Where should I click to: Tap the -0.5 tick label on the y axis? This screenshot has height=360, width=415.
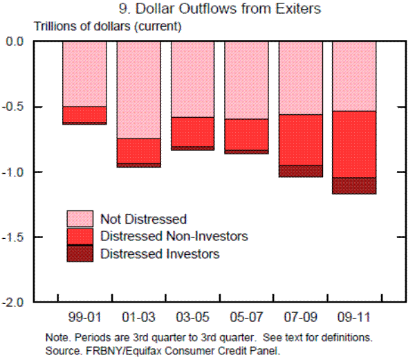coord(14,107)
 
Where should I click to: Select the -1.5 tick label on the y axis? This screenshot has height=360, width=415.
coord(14,237)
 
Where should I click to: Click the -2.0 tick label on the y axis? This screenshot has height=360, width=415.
coord(14,303)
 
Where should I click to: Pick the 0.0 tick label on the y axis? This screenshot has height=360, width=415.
coord(15,42)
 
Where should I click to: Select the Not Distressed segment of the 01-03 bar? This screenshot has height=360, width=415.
coord(138,90)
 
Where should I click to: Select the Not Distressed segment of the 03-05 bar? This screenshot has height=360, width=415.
coord(192,79)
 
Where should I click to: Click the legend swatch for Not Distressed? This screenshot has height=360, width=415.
coord(80,219)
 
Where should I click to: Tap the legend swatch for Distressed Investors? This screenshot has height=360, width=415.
coord(80,253)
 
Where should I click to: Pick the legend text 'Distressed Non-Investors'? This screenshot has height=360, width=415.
coord(174,237)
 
